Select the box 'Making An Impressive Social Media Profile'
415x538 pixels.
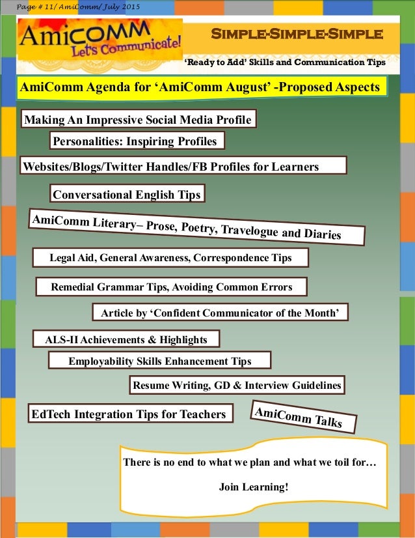pos(137,120)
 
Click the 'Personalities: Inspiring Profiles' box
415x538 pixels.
pos(137,141)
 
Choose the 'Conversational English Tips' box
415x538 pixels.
pos(127,194)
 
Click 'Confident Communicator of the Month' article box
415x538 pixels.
pos(221,313)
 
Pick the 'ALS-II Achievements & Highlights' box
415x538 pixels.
pos(126,339)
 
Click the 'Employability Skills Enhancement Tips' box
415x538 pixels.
pos(159,361)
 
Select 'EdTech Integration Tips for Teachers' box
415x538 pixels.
pos(128,414)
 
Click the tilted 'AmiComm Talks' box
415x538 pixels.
pos(304,417)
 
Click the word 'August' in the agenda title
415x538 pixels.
pos(243,87)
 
